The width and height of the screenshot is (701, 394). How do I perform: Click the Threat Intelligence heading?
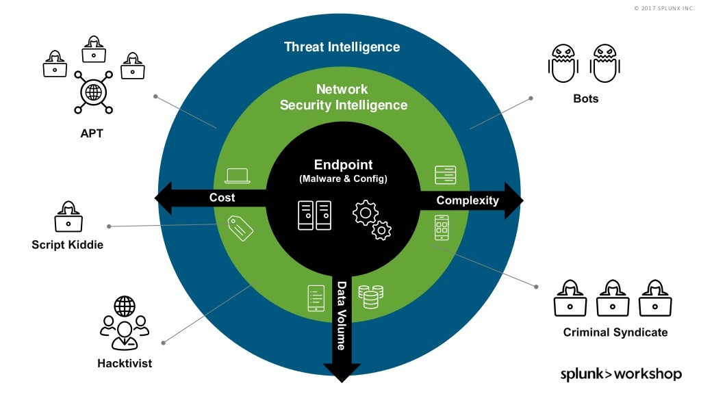point(342,47)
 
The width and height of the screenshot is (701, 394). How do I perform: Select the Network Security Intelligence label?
point(343,97)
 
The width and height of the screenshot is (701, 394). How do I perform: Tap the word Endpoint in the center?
point(343,165)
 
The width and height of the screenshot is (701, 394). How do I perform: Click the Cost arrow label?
point(222,198)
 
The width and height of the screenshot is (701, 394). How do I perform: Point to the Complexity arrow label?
point(468,200)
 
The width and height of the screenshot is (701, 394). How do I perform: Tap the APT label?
point(92,133)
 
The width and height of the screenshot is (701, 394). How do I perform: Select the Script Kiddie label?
point(67,244)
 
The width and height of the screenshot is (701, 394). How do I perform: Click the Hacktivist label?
point(125,363)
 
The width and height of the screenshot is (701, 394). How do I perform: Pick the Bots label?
point(585,98)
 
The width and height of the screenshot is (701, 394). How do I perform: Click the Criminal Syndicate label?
point(615,332)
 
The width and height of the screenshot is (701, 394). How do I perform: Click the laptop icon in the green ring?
point(238,176)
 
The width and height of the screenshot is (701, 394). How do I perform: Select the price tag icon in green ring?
point(240,228)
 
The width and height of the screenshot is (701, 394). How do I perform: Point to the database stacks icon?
point(370,296)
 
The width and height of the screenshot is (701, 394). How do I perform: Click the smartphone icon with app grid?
point(442,228)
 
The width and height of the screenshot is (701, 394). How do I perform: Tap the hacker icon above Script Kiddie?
point(68,217)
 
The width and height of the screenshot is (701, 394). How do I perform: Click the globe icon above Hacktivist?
point(125,306)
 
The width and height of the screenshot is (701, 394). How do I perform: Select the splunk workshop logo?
point(620,373)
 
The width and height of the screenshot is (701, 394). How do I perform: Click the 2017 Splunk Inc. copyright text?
point(663,8)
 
